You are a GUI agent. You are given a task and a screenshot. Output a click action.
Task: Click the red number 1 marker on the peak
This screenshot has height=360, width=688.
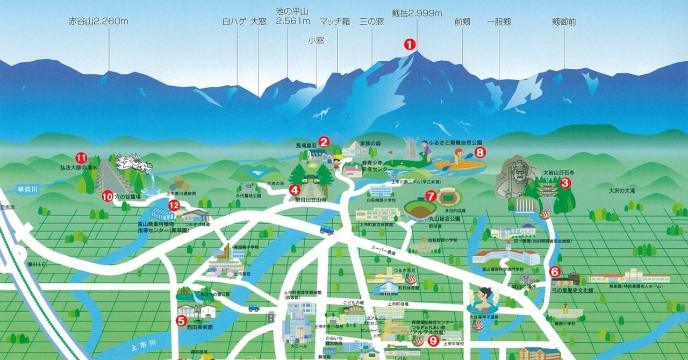coord(410,45)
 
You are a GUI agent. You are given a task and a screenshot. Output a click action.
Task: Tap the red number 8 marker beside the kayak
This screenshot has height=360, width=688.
coord(480,153)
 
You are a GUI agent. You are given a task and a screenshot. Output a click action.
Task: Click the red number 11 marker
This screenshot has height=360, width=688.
coord(81,157)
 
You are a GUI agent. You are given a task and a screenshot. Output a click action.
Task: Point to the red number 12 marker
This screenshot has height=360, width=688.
coord(174,205)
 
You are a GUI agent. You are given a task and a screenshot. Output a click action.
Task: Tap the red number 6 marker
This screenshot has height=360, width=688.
coord(555,271)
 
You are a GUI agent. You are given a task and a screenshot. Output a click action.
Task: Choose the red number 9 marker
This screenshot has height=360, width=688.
coord(433,340)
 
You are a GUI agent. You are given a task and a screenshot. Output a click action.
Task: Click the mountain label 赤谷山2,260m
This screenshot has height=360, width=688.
coord(98,22)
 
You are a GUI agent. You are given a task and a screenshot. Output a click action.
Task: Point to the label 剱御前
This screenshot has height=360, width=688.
coord(564,22)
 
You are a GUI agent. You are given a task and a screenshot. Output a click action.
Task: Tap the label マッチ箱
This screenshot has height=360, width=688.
coord(335,22)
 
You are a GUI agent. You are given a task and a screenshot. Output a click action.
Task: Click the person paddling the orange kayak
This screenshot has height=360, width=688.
coord(458,159)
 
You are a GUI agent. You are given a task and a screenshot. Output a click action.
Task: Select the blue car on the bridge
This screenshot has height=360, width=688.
coord(326,229)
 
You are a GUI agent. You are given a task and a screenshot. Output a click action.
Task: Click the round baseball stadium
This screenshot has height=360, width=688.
coord(420,209)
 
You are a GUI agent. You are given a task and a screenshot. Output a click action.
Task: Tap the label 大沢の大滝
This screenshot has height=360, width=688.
coord(622,190)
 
